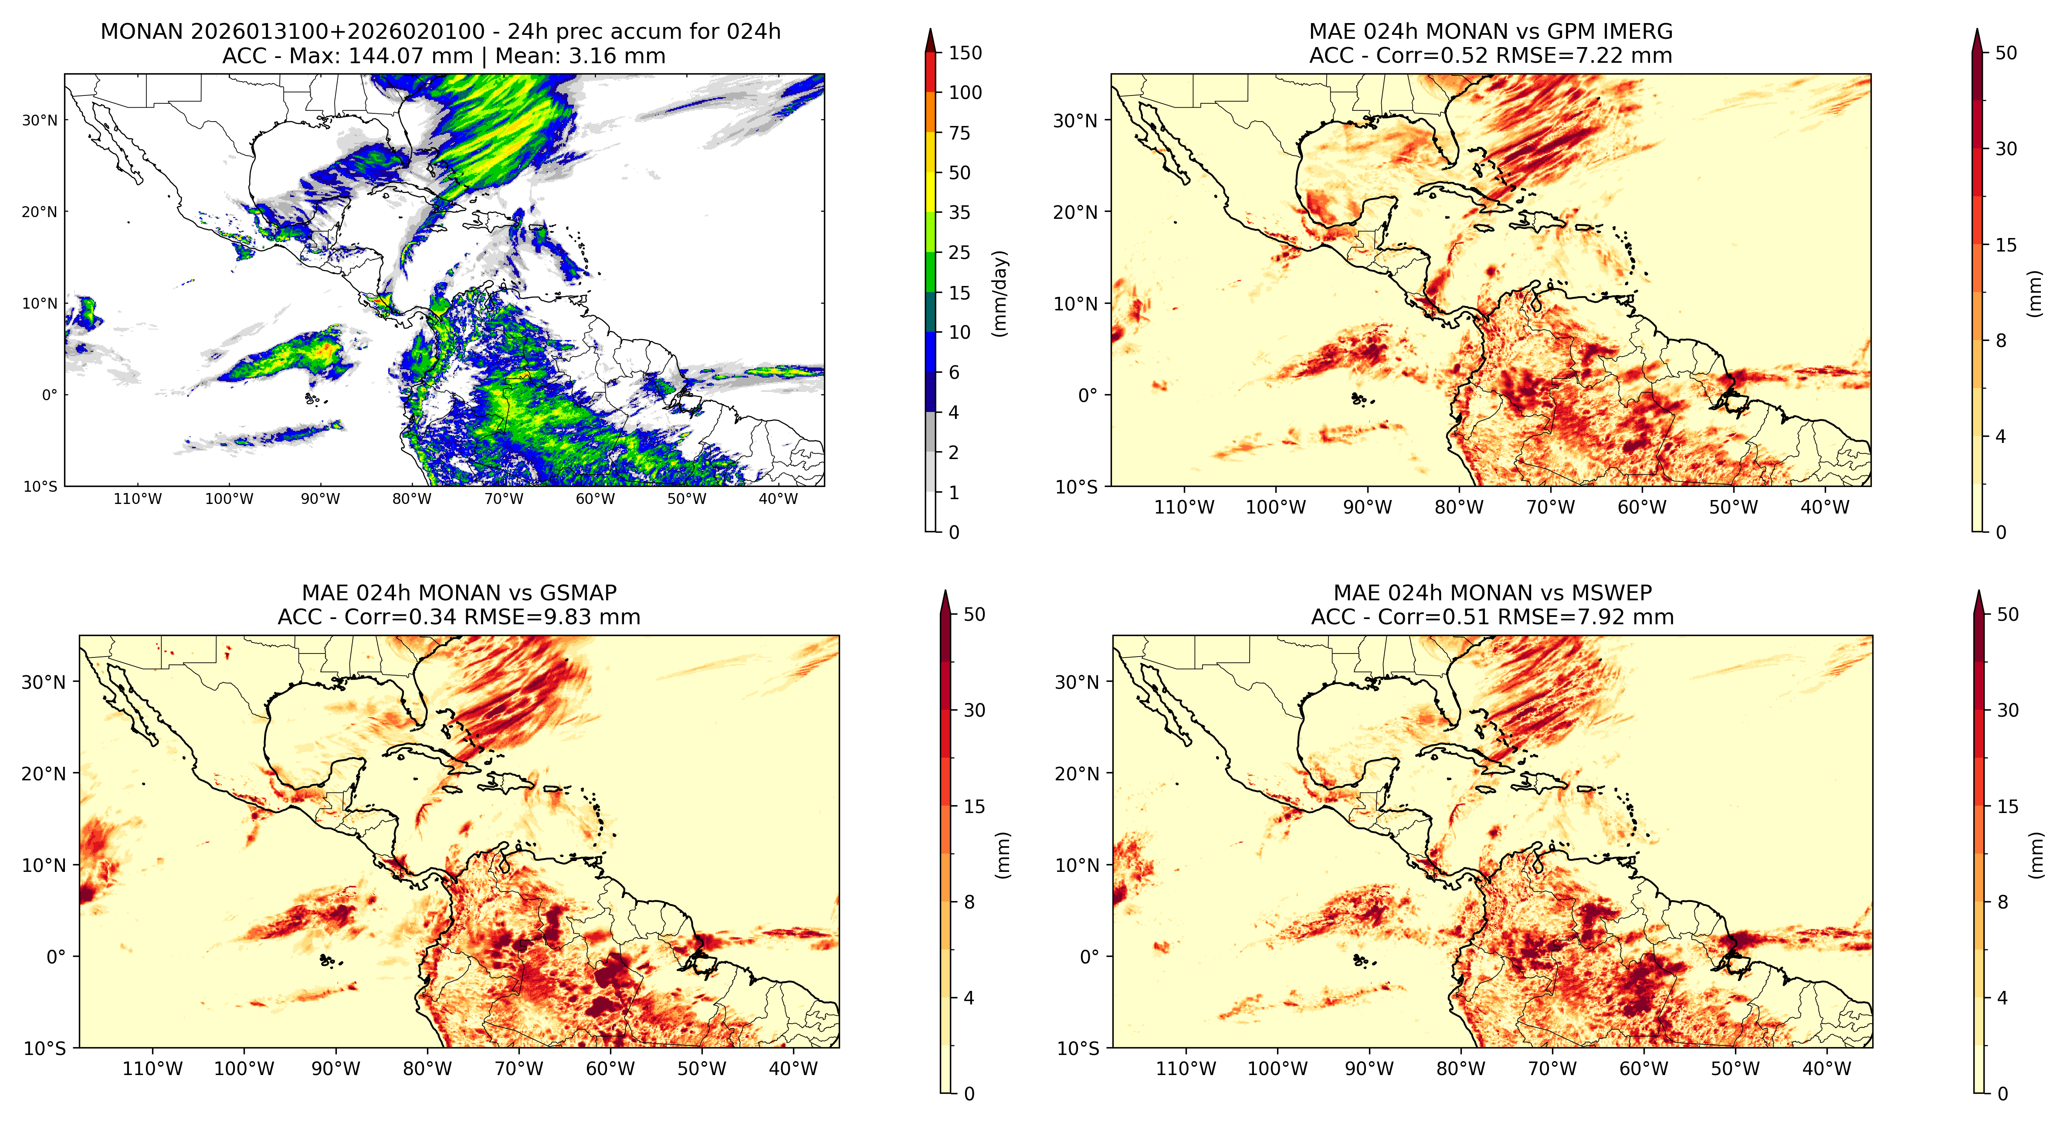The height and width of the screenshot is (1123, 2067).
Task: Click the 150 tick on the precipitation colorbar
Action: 965,53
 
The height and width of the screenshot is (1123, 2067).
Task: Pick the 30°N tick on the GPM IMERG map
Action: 1075,120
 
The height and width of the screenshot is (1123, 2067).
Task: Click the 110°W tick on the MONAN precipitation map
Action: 138,498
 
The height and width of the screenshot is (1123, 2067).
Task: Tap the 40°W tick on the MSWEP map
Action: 1826,1069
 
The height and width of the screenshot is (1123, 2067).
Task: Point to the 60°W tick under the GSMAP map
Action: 610,1069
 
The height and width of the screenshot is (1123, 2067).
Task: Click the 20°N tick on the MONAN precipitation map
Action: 40,212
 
